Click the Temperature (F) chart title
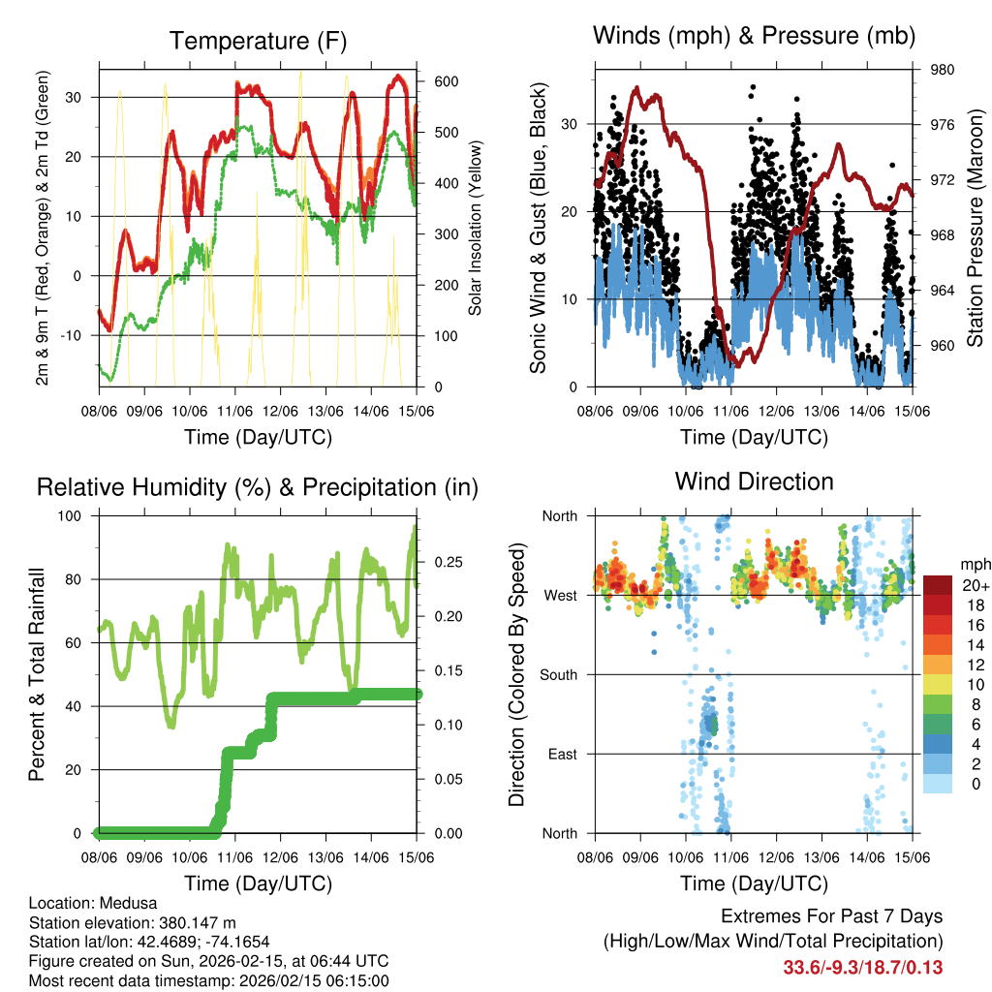pyautogui.click(x=258, y=42)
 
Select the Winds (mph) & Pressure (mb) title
pyautogui.click(x=754, y=37)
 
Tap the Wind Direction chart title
pyautogui.click(x=754, y=481)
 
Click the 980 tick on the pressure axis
pyautogui.click(x=944, y=70)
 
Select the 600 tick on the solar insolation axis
pyautogui.click(x=445, y=80)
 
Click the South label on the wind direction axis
pyautogui.click(x=558, y=674)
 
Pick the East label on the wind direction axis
pyautogui.click(x=562, y=754)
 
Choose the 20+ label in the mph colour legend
pyautogui.click(x=974, y=586)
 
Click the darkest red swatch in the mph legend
pyautogui.click(x=937, y=585)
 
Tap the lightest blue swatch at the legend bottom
pyautogui.click(x=937, y=783)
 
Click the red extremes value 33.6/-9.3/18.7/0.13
pyautogui.click(x=862, y=967)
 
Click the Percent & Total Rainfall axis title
pyautogui.click(x=39, y=674)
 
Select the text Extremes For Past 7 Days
pyautogui.click(x=831, y=916)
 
